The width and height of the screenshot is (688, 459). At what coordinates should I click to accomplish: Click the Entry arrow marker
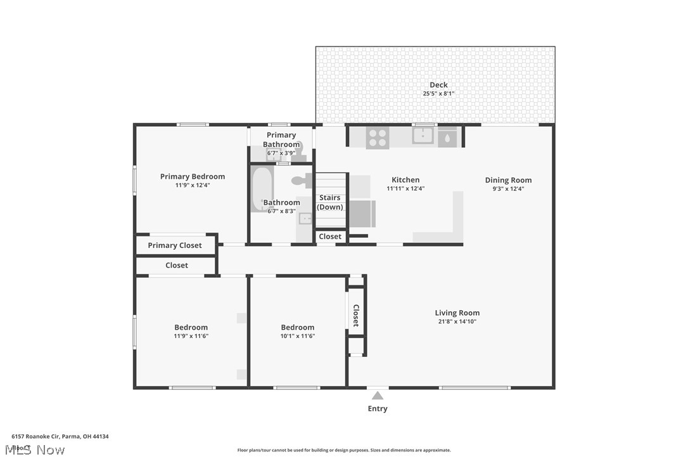tap(378, 396)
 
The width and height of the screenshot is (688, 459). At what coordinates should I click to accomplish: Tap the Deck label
tap(438, 85)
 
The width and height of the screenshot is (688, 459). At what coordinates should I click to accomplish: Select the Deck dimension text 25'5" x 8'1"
tap(438, 94)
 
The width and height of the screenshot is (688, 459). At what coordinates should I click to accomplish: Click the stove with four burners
tap(378, 138)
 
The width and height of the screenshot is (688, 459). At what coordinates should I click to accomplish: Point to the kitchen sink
tap(423, 136)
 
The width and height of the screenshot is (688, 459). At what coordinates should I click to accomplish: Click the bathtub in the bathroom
tap(260, 188)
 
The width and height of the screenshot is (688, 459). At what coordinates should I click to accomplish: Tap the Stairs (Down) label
tap(330, 202)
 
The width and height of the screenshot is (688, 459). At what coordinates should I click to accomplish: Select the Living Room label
tap(457, 313)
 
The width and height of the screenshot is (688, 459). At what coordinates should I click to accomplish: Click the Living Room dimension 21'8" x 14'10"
tap(457, 321)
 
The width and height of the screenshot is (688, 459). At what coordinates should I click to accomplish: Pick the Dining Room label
tap(508, 180)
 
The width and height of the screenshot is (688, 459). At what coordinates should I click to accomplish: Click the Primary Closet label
tap(175, 245)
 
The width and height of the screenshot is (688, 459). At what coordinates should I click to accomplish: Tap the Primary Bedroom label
tap(192, 177)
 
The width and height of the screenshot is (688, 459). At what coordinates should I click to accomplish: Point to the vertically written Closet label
tap(356, 315)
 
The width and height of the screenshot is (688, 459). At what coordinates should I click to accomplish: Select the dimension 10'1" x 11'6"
tap(298, 336)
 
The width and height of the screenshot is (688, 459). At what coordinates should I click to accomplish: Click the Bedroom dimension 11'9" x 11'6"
tap(191, 336)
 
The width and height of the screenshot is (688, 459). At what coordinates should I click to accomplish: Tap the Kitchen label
tap(405, 180)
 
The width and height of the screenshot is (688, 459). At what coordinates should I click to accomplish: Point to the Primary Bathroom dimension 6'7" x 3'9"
tap(281, 153)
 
